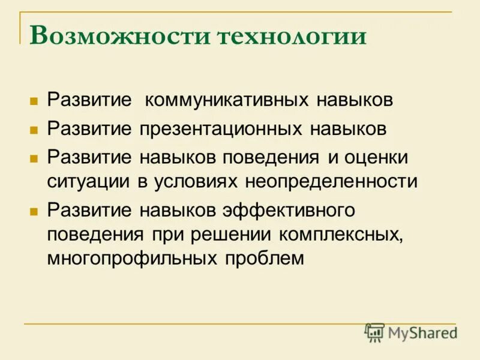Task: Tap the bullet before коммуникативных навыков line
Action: (34, 100)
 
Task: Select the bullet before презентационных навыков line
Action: (34, 129)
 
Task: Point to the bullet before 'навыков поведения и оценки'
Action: (34, 158)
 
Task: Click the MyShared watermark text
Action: (422, 332)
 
